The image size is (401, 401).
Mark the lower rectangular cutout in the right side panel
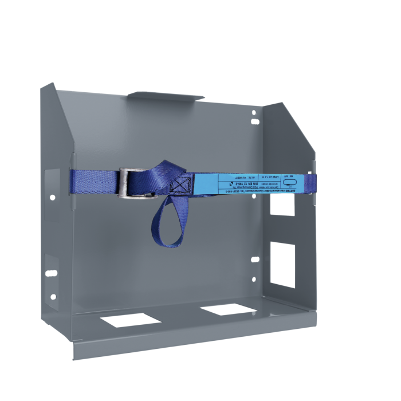coord(283,264)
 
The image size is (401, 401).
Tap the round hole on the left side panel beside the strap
coord(53,198)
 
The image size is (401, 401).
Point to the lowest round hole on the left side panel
coord(53,297)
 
